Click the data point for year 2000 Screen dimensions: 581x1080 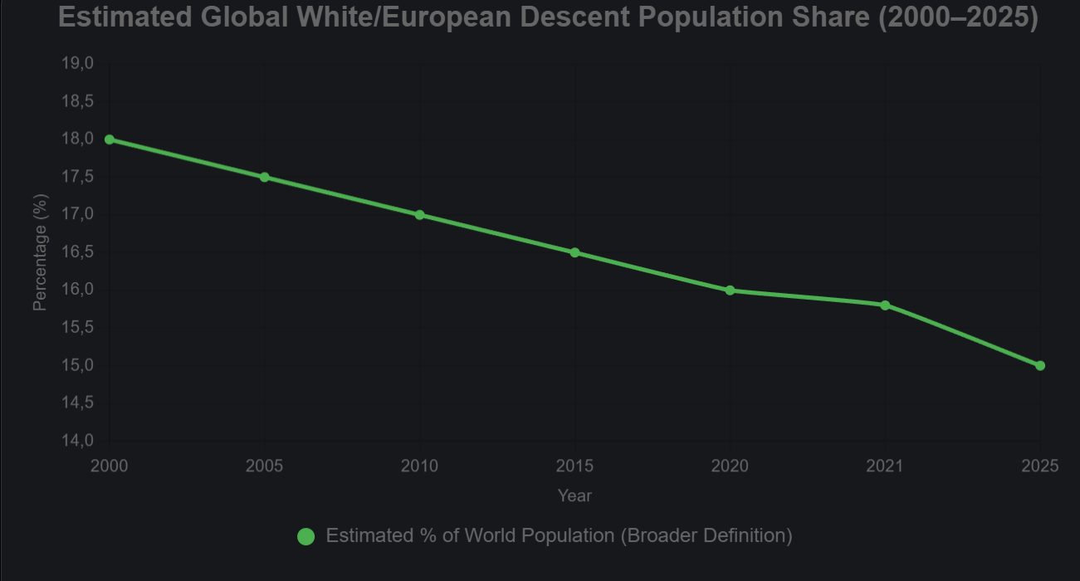pos(110,139)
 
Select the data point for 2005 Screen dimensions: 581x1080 pos(265,177)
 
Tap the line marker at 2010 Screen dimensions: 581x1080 pos(419,215)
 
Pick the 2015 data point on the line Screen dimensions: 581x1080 pos(574,252)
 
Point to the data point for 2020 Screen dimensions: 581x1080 pos(730,290)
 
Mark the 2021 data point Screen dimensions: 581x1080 pos(885,305)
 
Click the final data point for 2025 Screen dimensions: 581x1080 pos(1040,365)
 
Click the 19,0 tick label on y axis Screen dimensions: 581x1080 pos(77,64)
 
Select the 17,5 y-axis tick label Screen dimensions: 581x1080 pos(77,177)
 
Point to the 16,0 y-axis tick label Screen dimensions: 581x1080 pos(77,290)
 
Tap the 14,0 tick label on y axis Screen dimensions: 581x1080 pos(77,441)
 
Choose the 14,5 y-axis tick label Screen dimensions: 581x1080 pos(77,403)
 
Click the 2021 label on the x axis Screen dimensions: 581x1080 pos(885,466)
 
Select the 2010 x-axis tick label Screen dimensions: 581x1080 pos(419,466)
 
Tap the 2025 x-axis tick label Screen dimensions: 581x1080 pos(1040,466)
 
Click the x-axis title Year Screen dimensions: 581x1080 pos(574,496)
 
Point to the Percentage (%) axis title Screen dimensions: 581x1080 pos(40,252)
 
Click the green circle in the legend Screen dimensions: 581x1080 pos(305,537)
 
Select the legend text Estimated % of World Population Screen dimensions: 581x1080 pos(559,536)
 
